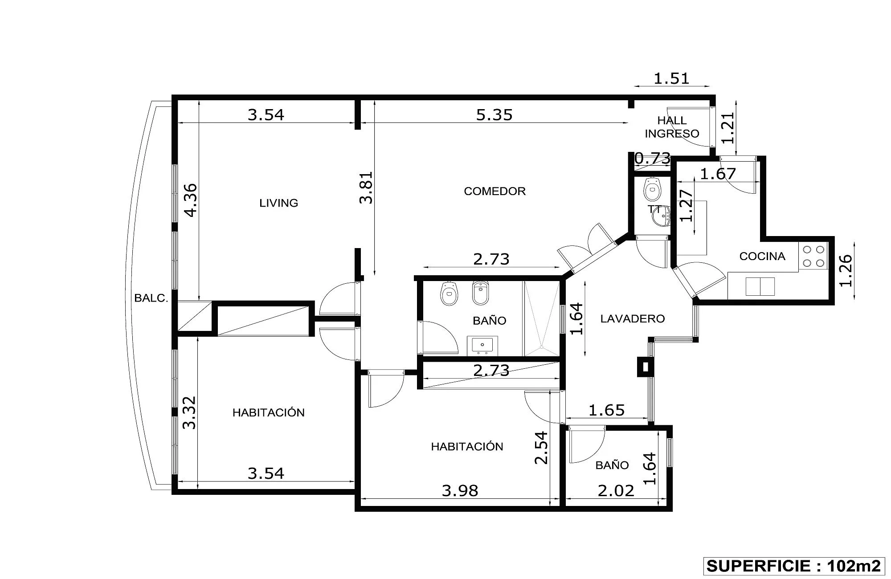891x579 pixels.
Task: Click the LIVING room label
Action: click(x=278, y=203)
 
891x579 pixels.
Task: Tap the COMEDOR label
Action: click(x=495, y=191)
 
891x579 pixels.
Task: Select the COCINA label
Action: click(x=762, y=256)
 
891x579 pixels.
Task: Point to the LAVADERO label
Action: click(x=632, y=318)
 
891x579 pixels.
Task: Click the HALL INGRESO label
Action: click(x=672, y=127)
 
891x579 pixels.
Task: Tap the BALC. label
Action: click(x=151, y=298)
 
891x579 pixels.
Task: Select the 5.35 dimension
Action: click(x=494, y=115)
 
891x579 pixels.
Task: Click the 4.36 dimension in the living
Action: click(x=190, y=200)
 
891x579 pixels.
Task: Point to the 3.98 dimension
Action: click(x=460, y=491)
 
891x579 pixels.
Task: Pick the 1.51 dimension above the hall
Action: click(x=671, y=79)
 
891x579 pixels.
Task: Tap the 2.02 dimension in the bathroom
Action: click(x=616, y=491)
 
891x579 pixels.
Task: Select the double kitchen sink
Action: click(x=760, y=286)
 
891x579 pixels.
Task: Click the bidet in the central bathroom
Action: click(x=480, y=293)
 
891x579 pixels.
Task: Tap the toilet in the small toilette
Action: click(x=653, y=189)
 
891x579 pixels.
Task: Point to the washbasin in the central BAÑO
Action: click(x=482, y=346)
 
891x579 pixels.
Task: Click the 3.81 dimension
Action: click(x=366, y=188)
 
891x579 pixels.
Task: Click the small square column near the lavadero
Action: click(x=644, y=367)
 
